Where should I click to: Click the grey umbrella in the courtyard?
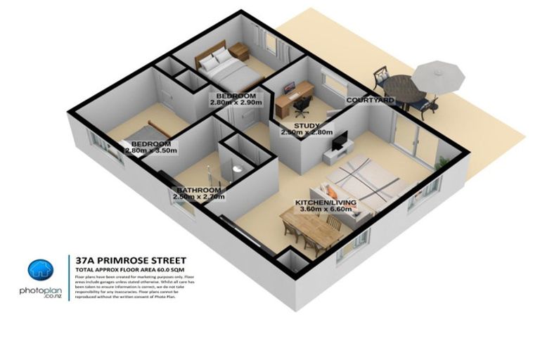(437, 74)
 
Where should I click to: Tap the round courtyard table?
(401, 88)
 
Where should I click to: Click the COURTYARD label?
(369, 101)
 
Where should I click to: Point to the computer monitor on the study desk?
(290, 88)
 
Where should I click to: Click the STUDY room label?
(307, 125)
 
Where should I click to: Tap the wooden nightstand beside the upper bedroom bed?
(239, 50)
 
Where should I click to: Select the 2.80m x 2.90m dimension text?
(236, 103)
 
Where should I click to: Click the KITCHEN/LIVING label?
(326, 202)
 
